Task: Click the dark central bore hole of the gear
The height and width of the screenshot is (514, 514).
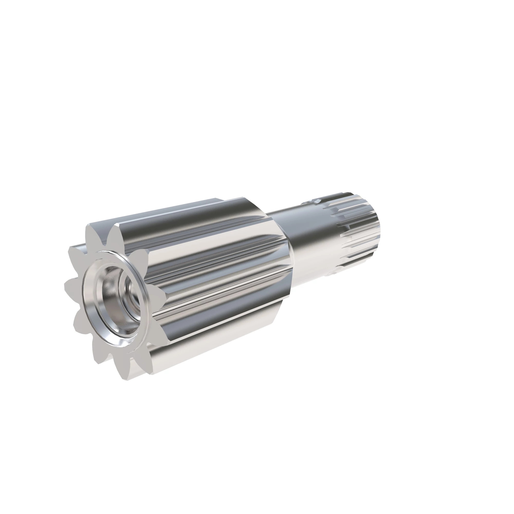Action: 130,293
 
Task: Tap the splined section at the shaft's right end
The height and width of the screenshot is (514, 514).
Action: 356,234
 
